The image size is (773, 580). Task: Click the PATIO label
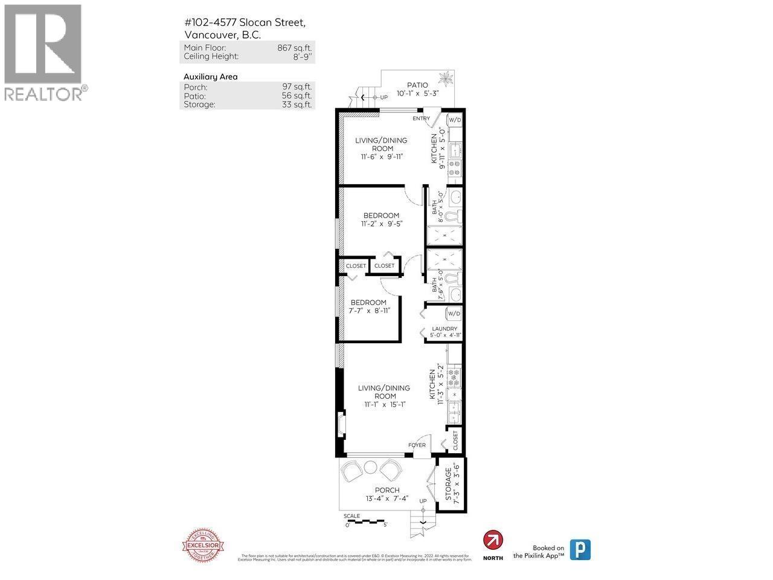417,85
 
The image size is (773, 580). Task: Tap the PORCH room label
387,490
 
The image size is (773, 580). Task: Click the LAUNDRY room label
444,329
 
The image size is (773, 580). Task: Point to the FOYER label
417,445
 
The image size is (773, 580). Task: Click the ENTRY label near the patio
422,118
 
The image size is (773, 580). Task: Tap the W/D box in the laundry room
454,314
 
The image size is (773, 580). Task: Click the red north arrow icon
493,540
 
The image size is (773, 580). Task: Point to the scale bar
365,520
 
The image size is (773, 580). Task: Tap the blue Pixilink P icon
580,549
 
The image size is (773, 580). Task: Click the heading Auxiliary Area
210,77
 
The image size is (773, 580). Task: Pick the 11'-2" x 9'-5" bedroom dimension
381,224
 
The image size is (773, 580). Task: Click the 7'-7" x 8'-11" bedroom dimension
369,311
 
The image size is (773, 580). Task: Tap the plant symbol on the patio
447,79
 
